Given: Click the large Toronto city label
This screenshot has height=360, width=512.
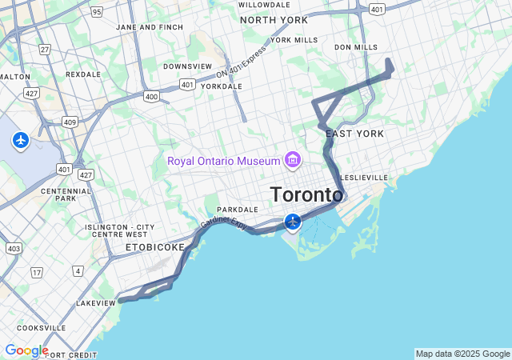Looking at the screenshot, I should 306,195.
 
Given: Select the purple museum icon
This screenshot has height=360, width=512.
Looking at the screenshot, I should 292,161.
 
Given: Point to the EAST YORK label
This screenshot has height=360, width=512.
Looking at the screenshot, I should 354,134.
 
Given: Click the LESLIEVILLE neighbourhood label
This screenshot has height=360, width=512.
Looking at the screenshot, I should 364,178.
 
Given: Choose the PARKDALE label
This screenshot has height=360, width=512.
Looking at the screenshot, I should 238,210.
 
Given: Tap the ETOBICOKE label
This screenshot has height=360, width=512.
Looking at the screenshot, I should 154,248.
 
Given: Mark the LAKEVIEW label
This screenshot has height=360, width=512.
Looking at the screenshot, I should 96,304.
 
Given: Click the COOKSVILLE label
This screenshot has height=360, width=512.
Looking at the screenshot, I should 41,328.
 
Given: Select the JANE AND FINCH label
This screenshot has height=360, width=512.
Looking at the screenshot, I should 150,26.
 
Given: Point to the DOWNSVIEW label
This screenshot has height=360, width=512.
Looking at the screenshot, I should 187,66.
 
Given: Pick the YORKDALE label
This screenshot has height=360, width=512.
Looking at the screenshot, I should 221,86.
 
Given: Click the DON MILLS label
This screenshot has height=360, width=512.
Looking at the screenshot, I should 356,47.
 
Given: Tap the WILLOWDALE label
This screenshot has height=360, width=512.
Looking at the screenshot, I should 264,5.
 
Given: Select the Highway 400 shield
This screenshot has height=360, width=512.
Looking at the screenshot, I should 150,96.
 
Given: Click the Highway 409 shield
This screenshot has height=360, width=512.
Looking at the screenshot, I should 70,122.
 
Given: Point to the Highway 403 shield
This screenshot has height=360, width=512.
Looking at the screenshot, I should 13,249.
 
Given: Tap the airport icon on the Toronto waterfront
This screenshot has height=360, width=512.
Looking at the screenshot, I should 293,221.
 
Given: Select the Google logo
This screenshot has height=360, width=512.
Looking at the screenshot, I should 26,350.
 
